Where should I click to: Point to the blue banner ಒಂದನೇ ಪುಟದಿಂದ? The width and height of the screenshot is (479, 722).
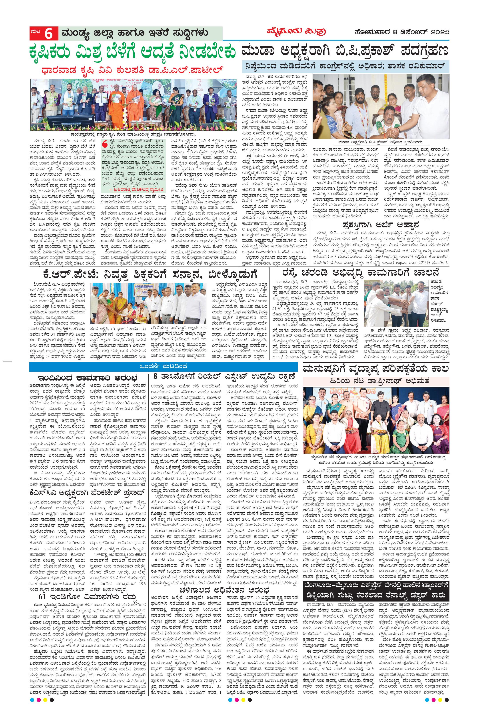pyautogui.click(x=164, y=367)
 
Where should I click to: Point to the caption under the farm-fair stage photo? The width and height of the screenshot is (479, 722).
pyautogui.click(x=134, y=134)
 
